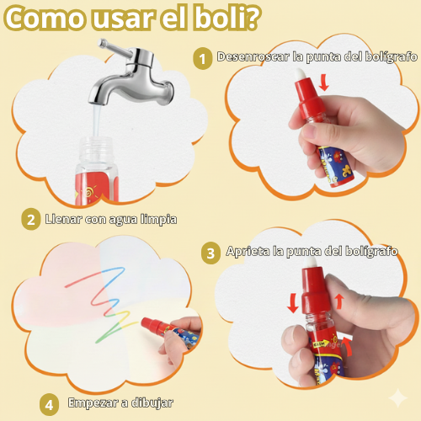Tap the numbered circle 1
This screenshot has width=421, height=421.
[x=202, y=59]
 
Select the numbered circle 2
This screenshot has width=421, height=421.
[x=31, y=219]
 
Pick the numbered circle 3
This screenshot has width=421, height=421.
[x=210, y=253]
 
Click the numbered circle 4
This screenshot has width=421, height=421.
[x=49, y=405]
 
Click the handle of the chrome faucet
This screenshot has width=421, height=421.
[x=115, y=48]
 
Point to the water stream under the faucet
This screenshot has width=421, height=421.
[x=97, y=121]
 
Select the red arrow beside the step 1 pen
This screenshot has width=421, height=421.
[x=324, y=83]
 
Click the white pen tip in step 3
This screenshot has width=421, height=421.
[x=310, y=264]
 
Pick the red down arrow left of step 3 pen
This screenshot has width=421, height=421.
[x=293, y=303]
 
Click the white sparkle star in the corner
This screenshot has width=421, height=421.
[x=398, y=397]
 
